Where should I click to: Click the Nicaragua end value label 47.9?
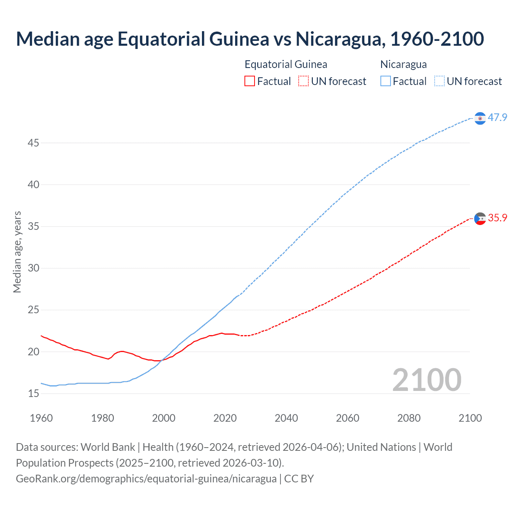497,118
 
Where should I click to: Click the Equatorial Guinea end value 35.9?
497,218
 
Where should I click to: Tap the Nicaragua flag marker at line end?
480,118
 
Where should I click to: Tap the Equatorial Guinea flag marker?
480,219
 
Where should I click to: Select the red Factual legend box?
250,81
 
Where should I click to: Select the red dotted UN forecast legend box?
304,81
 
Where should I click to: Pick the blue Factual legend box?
385,81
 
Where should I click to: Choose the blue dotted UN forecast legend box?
439,81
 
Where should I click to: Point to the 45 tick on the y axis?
34,143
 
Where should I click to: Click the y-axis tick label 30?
34,268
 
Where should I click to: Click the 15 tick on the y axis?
34,393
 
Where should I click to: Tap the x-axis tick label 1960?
41,418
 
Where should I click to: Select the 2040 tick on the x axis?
286,418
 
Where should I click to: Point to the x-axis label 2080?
409,418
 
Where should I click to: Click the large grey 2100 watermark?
427,380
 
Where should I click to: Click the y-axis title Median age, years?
17,252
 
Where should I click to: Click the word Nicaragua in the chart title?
338,39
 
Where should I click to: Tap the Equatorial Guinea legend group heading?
286,64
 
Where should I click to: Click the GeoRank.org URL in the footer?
146,479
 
